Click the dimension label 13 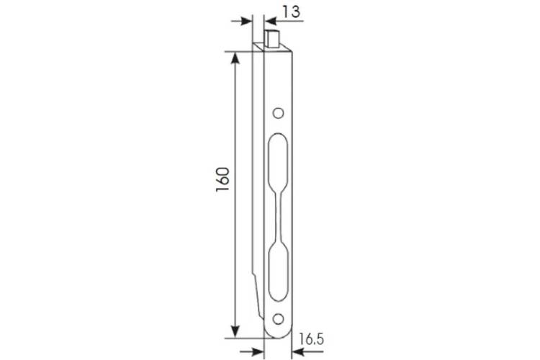292,12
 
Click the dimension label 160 222,180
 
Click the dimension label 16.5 311,339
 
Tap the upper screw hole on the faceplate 278,113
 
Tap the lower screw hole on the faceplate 278,319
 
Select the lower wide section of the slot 278,272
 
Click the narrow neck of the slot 278,216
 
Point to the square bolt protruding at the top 271,39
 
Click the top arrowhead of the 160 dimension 235,58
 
